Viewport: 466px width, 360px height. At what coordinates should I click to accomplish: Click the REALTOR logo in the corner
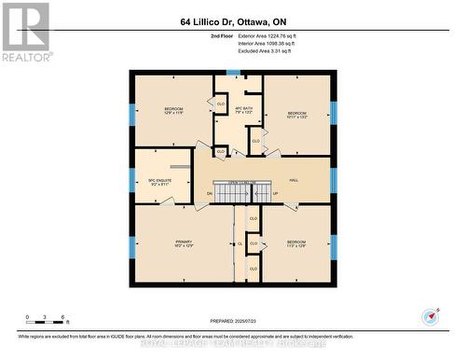[x=25, y=31]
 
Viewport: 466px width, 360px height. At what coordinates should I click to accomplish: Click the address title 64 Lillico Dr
[x=233, y=21]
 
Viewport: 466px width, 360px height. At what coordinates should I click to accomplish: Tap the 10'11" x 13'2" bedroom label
[x=297, y=115]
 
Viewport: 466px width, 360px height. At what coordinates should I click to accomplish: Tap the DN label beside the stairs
[x=210, y=194]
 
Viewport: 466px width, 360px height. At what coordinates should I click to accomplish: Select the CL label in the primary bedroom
[x=240, y=243]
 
